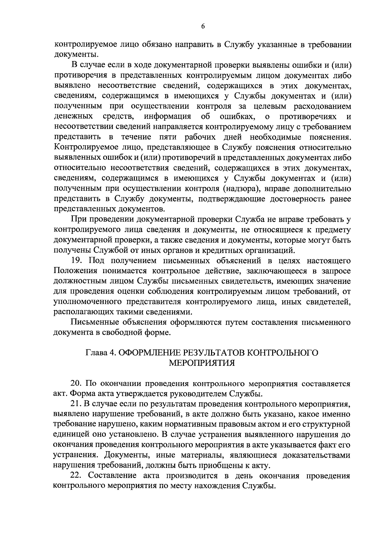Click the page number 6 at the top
pyautogui.click(x=203, y=27)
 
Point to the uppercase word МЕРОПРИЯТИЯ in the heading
pyautogui.click(x=202, y=363)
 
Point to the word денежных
pyautogui.click(x=73, y=117)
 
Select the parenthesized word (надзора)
pyautogui.click(x=238, y=189)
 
